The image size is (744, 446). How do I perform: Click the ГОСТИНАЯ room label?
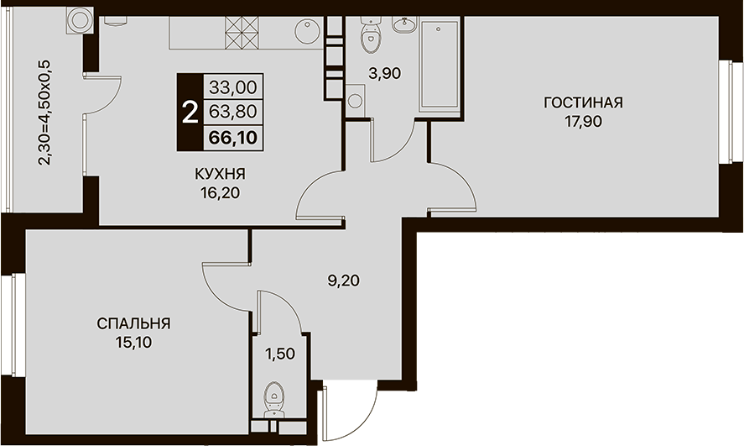tap(583, 102)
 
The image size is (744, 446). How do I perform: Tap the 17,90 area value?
tap(583, 122)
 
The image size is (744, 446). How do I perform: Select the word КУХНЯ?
tap(220, 174)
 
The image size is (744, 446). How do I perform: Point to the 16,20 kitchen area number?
tap(221, 192)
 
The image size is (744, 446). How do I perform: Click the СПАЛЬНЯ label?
tap(134, 323)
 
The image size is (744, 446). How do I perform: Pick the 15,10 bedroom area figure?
tap(134, 342)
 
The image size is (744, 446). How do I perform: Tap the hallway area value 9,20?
tap(344, 281)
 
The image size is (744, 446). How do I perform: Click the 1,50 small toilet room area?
tap(280, 354)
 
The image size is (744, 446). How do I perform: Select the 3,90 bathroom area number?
tap(385, 74)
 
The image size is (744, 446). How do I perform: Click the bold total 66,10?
tap(233, 137)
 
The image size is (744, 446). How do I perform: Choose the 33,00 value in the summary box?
tap(233, 87)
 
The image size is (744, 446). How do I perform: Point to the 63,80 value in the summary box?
tap(233, 112)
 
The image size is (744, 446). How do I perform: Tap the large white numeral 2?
tap(190, 113)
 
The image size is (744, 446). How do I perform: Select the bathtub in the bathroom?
tap(438, 65)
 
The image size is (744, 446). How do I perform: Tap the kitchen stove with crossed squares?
tap(242, 32)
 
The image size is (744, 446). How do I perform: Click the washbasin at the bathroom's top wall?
tap(404, 24)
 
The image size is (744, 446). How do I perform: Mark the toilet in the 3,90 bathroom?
tap(372, 34)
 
